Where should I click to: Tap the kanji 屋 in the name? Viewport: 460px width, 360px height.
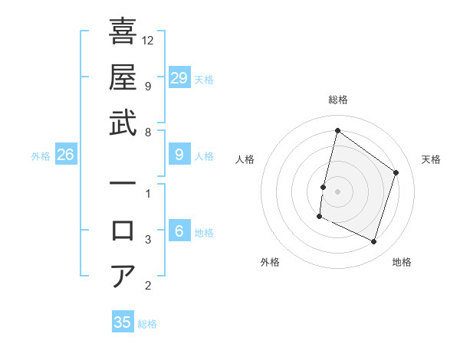click(x=123, y=77)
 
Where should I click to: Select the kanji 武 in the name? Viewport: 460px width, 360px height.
click(x=123, y=123)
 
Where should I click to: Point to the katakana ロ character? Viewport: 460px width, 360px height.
click(x=123, y=231)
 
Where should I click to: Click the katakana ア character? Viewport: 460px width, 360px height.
click(x=123, y=276)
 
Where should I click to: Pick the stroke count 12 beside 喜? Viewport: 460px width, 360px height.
click(x=148, y=40)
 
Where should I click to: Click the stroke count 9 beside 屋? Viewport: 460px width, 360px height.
click(x=148, y=86)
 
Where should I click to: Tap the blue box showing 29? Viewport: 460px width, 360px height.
click(x=179, y=78)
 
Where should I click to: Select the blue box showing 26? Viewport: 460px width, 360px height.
click(x=66, y=155)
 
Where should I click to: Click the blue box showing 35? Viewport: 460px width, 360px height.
click(x=123, y=322)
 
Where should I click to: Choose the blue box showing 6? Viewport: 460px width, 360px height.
click(x=179, y=231)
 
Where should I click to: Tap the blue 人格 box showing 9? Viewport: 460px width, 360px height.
click(x=179, y=155)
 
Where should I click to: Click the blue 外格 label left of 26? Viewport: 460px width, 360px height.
click(x=41, y=155)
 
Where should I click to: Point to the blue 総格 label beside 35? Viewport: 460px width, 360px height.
click(x=147, y=323)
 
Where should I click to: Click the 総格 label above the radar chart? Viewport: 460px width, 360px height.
click(x=337, y=100)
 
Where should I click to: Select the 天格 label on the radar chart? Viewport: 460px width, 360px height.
click(x=431, y=159)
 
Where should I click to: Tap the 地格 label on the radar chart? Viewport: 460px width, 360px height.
click(x=402, y=262)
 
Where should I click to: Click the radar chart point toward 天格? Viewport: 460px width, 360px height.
click(x=396, y=172)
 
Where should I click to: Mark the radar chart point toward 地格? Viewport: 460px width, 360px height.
click(x=373, y=242)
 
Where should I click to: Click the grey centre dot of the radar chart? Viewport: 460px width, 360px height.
click(x=337, y=191)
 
